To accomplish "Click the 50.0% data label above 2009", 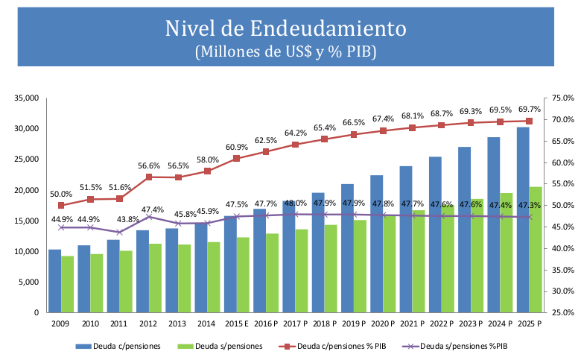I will (x=61, y=194).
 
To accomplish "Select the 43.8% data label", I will (x=119, y=219).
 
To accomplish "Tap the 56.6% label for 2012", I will (x=148, y=165).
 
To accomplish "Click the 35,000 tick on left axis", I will (x=25, y=98).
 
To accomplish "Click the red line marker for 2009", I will (x=61, y=205).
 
